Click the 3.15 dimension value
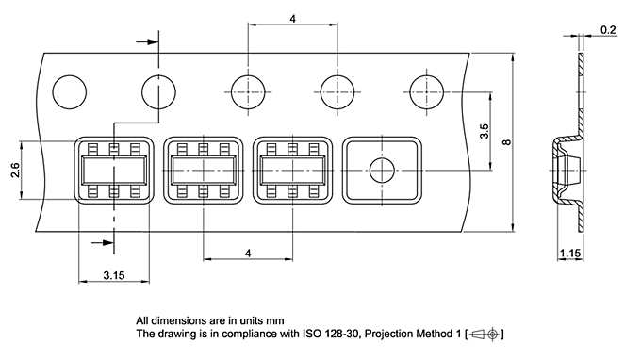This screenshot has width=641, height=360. pyautogui.click(x=114, y=275)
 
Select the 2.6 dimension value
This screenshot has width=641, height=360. pyautogui.click(x=15, y=170)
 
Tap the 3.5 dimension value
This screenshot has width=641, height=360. pyautogui.click(x=484, y=131)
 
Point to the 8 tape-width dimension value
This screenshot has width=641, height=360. pyautogui.click(x=506, y=142)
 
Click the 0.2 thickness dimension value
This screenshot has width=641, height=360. pyautogui.click(x=608, y=30)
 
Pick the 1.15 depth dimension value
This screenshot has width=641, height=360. pyautogui.click(x=570, y=254)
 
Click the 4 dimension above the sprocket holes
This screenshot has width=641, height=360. pyautogui.click(x=292, y=19)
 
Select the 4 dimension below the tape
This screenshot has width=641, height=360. pyautogui.click(x=248, y=254)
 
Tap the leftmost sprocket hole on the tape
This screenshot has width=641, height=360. pyautogui.click(x=70, y=92)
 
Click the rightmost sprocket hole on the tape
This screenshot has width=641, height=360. pyautogui.click(x=426, y=92)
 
